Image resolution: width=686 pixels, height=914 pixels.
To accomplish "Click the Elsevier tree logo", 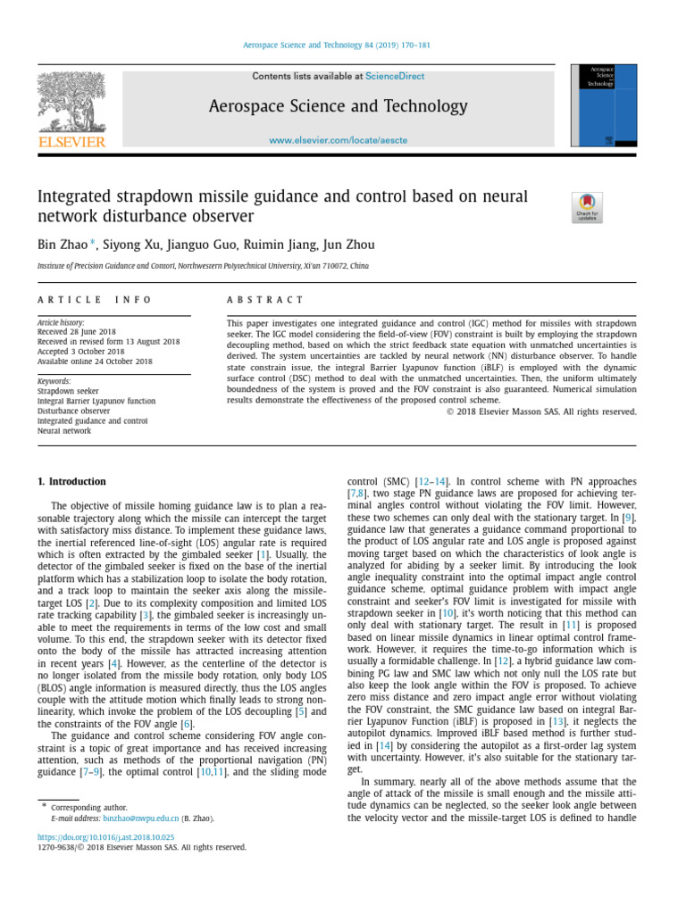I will pos(71,102).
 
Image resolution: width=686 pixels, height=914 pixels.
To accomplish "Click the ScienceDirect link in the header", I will pos(395,77).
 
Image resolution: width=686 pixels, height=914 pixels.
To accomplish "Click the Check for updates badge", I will pos(586,207).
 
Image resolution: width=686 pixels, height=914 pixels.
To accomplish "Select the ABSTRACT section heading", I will pos(265,300).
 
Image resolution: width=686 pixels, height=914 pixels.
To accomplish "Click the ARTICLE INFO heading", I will pos(94,300).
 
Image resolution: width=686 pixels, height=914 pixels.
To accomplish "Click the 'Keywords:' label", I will pos(54,381).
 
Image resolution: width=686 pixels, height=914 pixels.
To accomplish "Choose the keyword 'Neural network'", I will pos(64,430).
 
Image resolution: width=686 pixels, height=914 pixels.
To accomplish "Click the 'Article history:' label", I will pos(61,322).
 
